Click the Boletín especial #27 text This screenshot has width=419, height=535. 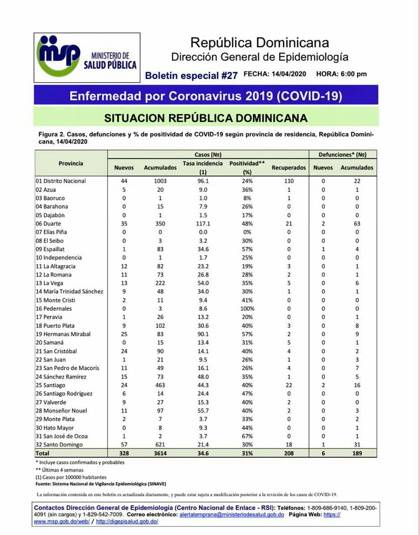(191, 75)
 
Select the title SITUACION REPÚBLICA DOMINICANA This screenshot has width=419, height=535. (205, 118)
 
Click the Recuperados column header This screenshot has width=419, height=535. (289, 168)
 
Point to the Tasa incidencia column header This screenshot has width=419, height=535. (202, 167)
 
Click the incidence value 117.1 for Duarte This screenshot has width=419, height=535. (202, 224)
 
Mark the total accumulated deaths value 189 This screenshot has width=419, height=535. (356, 453)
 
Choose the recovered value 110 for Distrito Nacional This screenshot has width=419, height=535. (289, 181)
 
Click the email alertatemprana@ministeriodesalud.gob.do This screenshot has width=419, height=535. (231, 514)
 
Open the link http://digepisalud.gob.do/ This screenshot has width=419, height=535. (127, 521)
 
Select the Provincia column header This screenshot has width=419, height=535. (71, 163)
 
